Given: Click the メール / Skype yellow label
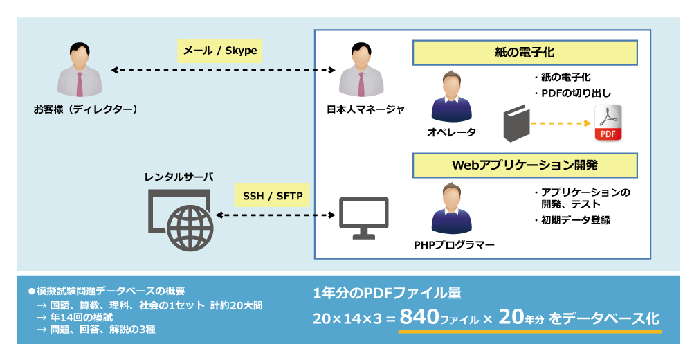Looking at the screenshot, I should tap(220, 51).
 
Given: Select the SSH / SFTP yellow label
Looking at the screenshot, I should tap(273, 196).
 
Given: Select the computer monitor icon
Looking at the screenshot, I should tap(363, 217).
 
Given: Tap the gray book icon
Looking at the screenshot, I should tap(516, 123).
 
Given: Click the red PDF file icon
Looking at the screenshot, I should tap(608, 123).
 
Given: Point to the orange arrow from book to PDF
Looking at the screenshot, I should tap(561, 123).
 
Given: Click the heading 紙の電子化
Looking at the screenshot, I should tap(525, 53).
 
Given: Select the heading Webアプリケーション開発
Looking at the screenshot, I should tap(525, 165).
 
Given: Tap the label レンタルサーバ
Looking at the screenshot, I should tap(179, 177).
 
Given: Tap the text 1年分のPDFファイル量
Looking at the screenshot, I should tap(387, 293).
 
